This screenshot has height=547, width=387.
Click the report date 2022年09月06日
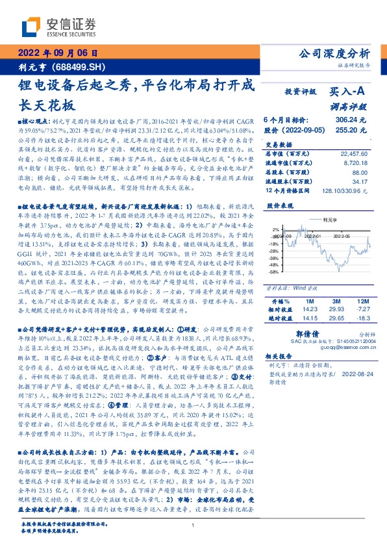[58, 53]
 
